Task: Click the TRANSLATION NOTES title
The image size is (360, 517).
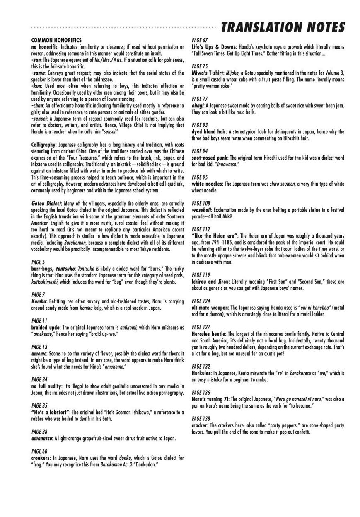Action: [283, 28]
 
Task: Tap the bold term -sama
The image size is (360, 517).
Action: [38, 73]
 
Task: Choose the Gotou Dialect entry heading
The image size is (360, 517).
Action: [46, 204]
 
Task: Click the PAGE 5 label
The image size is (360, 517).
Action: [38, 262]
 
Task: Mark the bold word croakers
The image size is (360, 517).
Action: [43, 458]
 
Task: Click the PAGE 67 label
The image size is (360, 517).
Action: [200, 40]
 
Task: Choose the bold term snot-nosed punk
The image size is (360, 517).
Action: [210, 158]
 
